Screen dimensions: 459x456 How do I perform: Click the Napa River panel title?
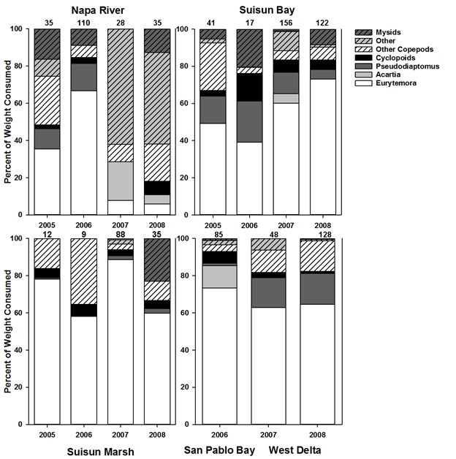101,10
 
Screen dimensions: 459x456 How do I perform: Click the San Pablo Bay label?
219,449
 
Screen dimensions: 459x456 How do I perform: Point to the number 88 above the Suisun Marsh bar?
120,234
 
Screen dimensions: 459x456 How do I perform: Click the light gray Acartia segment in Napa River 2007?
120,181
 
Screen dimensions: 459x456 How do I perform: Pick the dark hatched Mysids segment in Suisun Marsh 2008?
156,259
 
